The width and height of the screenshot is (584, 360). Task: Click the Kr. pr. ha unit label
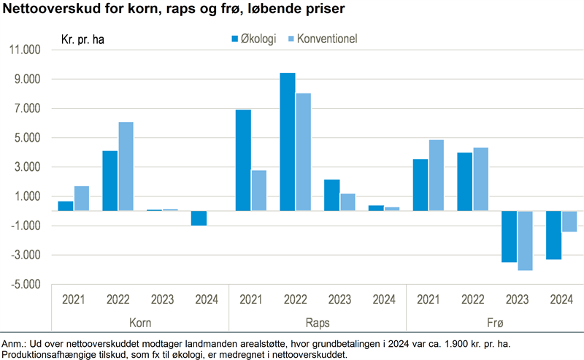click(x=82, y=39)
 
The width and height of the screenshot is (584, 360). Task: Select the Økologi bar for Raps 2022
click(x=288, y=142)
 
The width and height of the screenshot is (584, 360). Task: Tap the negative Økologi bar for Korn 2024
click(x=199, y=218)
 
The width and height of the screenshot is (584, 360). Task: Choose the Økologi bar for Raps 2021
click(x=243, y=160)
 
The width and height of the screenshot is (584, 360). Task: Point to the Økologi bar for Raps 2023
click(x=331, y=195)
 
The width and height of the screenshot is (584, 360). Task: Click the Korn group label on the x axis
click(x=139, y=322)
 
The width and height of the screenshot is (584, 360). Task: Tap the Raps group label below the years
click(x=317, y=322)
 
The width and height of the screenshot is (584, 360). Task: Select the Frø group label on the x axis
click(x=494, y=322)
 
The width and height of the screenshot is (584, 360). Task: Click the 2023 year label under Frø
click(x=517, y=299)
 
